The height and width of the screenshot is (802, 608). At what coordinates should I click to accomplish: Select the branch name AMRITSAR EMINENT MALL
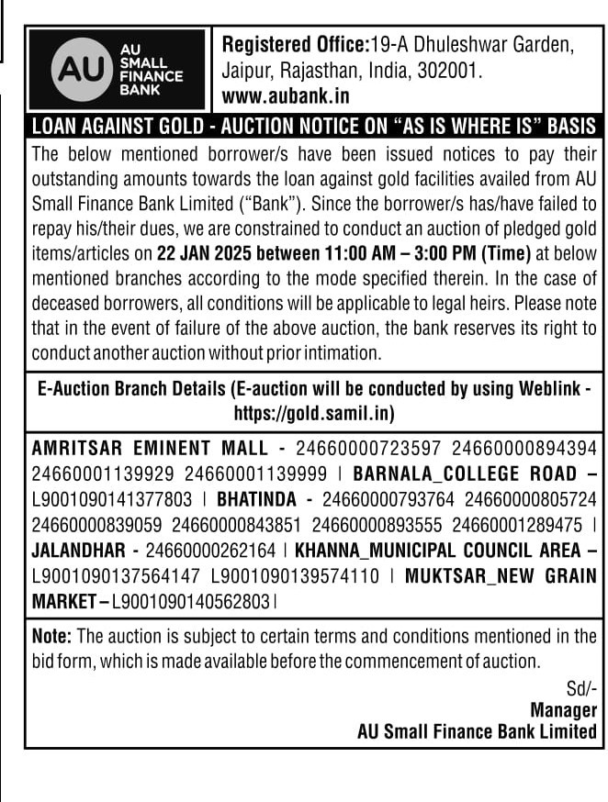coord(152,449)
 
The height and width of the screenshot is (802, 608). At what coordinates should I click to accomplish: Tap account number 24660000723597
coord(366,449)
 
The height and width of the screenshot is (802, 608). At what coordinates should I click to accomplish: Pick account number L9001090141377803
coord(112,500)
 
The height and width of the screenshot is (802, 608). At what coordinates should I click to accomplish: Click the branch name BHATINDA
coord(256,500)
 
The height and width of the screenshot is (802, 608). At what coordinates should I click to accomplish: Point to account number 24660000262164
coord(211,551)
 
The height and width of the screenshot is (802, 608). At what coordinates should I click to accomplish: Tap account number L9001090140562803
coord(191,603)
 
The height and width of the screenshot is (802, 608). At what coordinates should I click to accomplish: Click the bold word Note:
coord(52,636)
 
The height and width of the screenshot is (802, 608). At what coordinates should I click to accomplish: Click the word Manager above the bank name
coord(563,710)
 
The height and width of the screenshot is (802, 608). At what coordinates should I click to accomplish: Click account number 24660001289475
coord(522,526)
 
